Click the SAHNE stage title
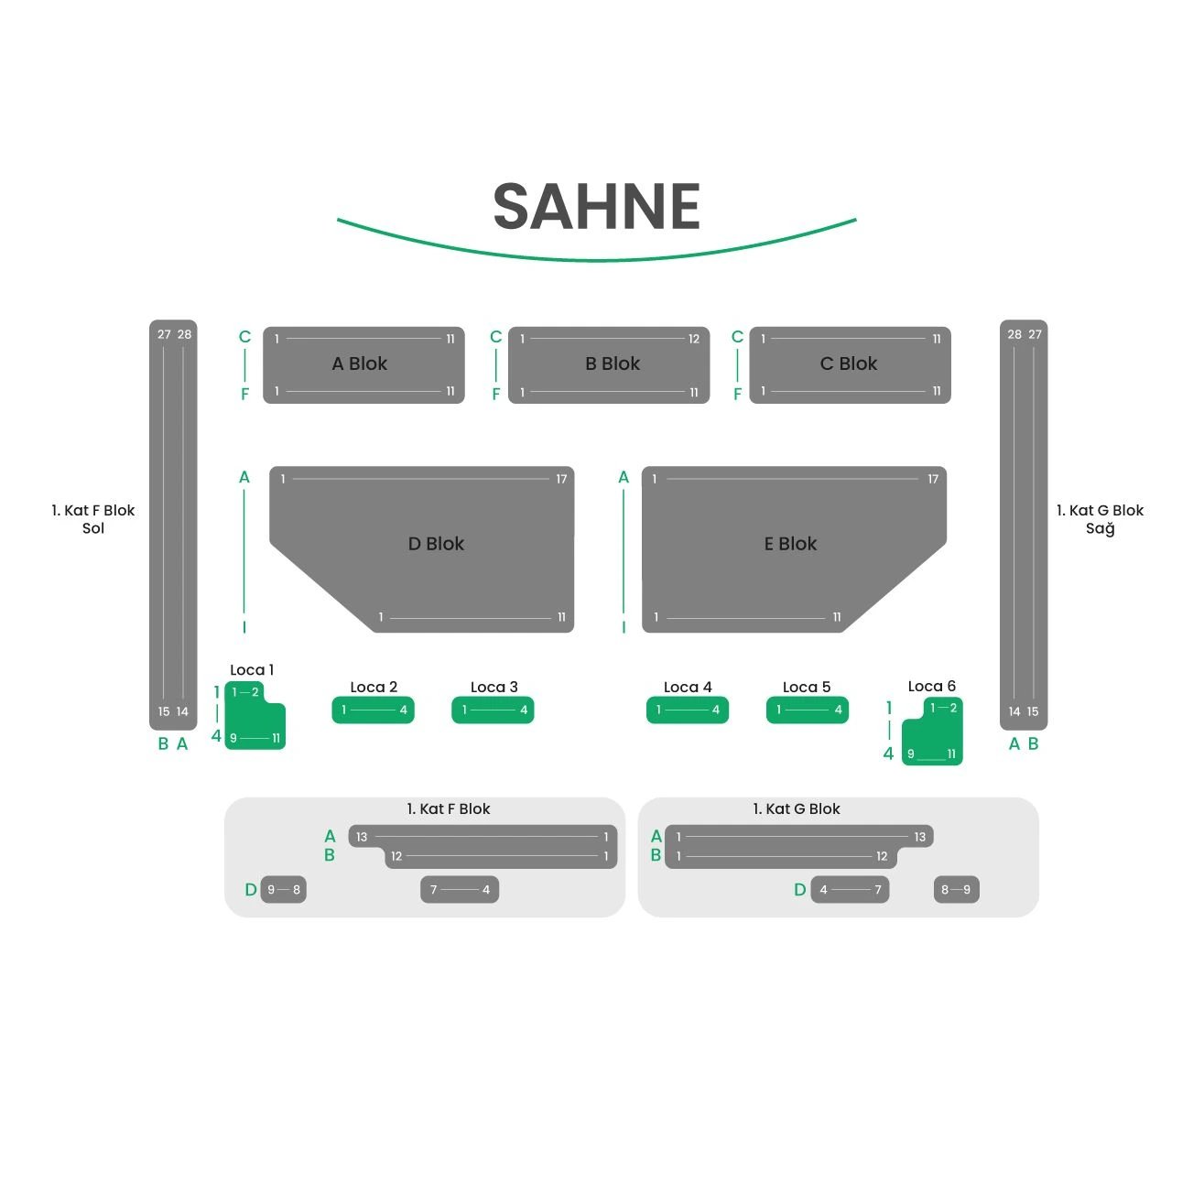(x=596, y=206)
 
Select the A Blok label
(x=359, y=363)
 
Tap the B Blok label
(x=613, y=363)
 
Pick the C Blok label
(x=848, y=363)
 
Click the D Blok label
(x=436, y=544)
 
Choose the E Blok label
(x=790, y=544)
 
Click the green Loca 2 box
(x=373, y=710)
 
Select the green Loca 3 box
(x=493, y=710)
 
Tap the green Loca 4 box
(x=688, y=710)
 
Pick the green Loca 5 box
(x=808, y=710)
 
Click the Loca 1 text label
(x=252, y=670)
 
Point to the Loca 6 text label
(x=931, y=686)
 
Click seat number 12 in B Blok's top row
(x=693, y=340)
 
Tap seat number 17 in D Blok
(x=561, y=479)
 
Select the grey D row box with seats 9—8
(x=284, y=890)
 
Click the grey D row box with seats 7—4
(x=460, y=890)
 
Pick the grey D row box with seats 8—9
(x=956, y=890)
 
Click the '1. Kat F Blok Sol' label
(x=92, y=519)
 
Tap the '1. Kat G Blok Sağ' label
(x=1100, y=519)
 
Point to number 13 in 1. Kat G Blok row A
(x=919, y=837)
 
